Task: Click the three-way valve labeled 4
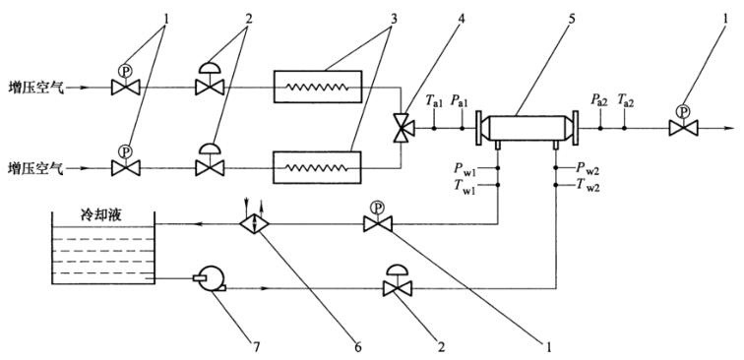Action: click(403, 128)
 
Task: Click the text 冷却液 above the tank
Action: click(101, 216)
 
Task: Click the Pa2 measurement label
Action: click(598, 100)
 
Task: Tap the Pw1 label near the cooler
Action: click(465, 169)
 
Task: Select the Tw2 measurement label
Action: click(588, 186)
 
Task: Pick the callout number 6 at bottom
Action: click(358, 347)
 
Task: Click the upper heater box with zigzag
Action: click(318, 87)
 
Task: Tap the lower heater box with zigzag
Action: click(317, 167)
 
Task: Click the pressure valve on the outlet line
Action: click(683, 121)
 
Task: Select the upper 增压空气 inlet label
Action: click(35, 88)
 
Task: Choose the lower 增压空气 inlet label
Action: click(35, 168)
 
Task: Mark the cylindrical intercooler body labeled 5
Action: click(527, 128)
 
